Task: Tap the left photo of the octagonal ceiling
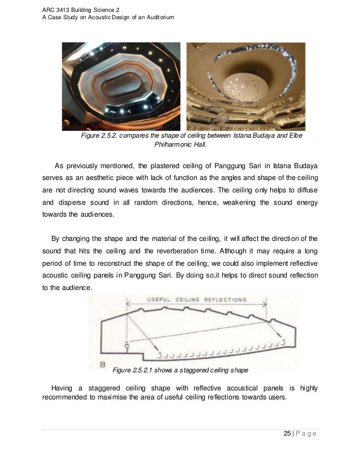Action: [122, 86]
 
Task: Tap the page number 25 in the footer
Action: [287, 433]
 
